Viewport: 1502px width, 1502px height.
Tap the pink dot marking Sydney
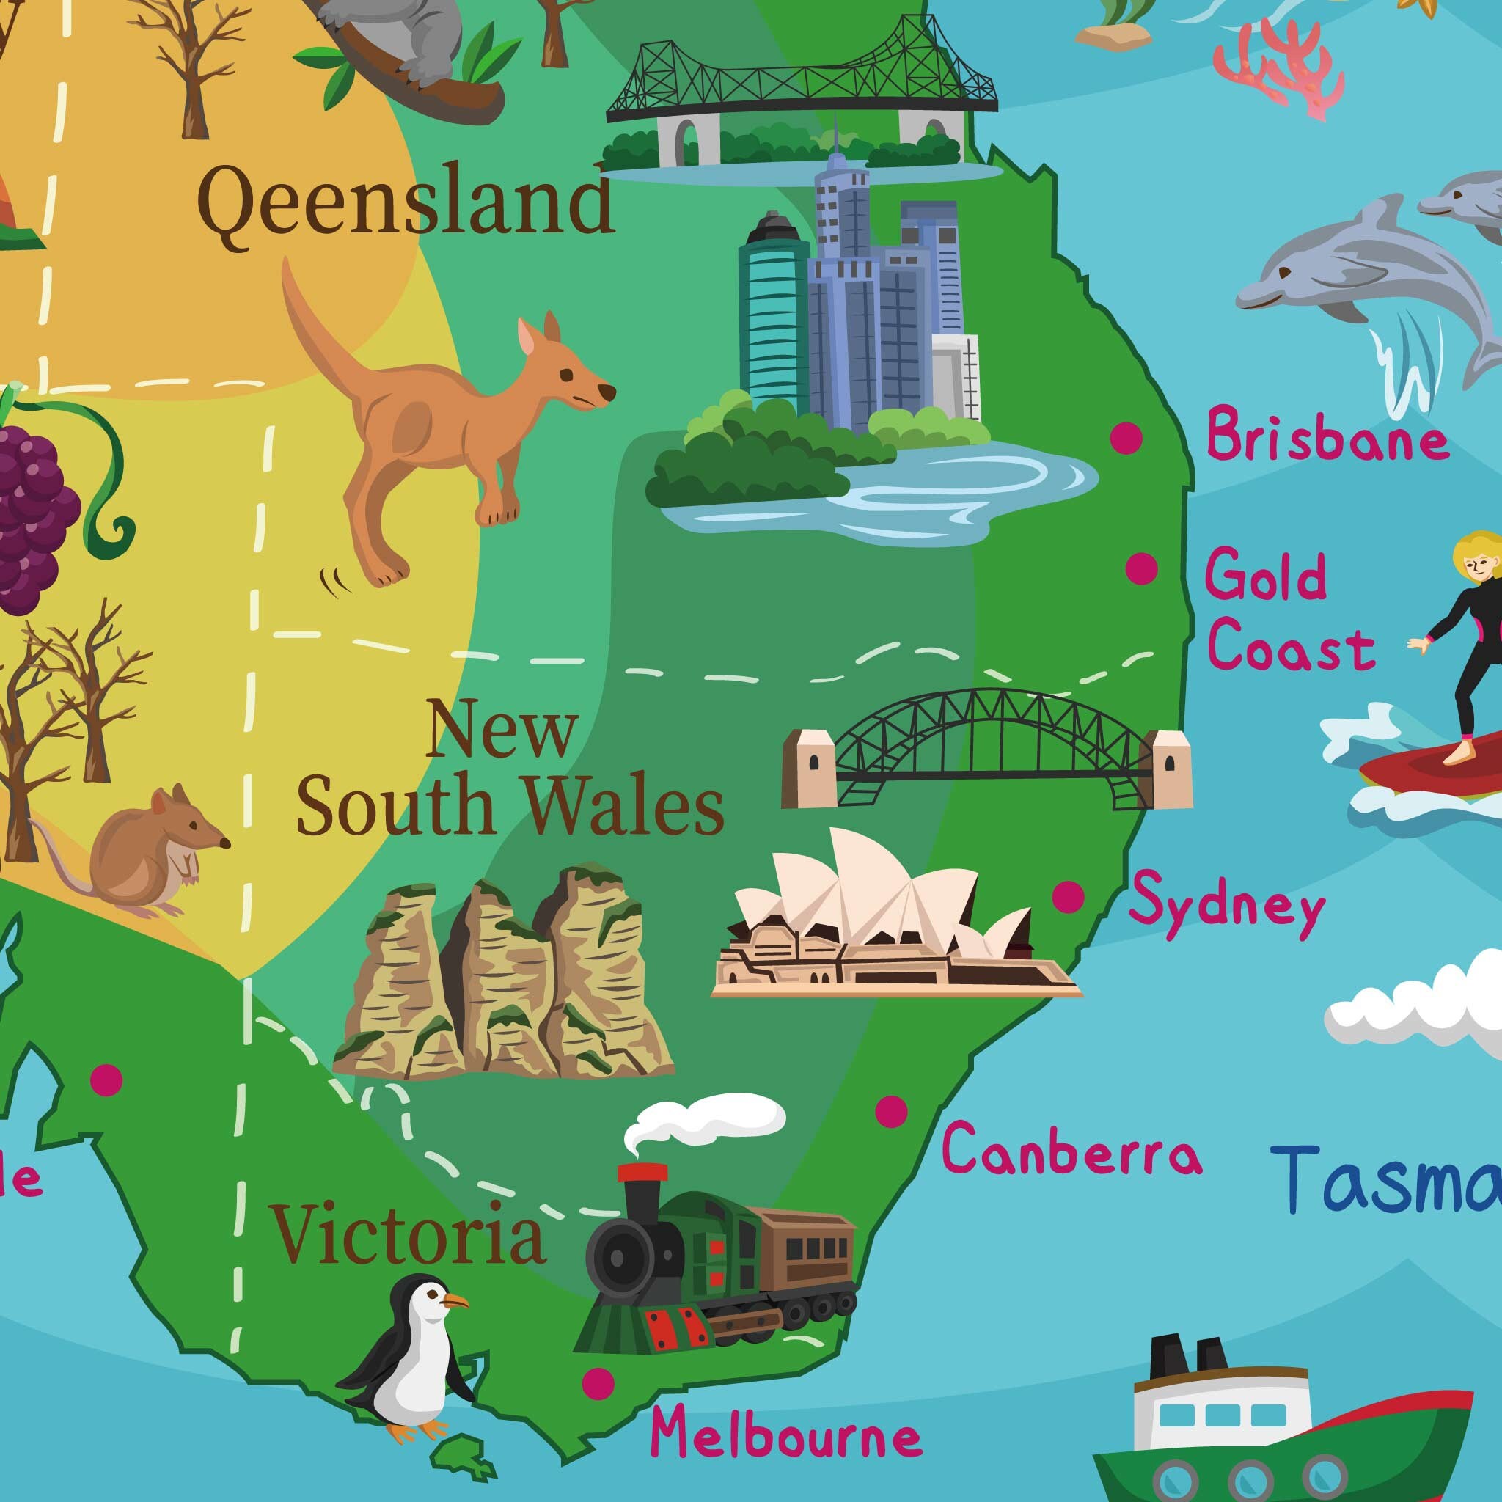[x=1068, y=896]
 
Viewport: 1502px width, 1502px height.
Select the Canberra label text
[x=1071, y=1151]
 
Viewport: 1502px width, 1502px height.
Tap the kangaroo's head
[x=571, y=373]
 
